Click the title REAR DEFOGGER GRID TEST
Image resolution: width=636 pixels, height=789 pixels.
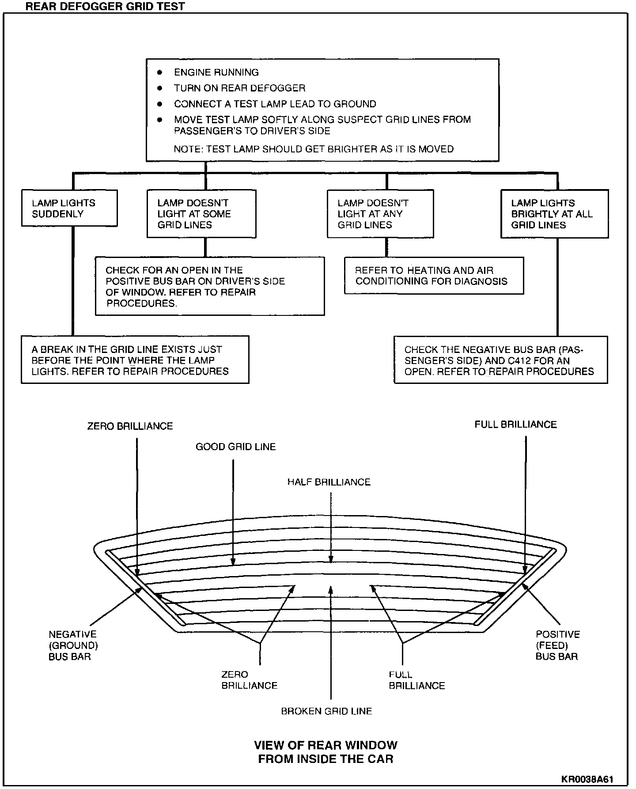coord(105,6)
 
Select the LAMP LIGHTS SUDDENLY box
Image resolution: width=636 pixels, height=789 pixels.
coord(69,209)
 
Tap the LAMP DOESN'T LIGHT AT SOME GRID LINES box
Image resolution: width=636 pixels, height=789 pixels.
coord(201,214)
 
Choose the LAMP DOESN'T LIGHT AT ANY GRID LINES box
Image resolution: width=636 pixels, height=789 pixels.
coord(380,214)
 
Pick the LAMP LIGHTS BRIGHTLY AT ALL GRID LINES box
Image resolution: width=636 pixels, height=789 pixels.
coord(554,214)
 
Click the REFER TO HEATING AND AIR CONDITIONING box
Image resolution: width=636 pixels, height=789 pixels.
coord(434,276)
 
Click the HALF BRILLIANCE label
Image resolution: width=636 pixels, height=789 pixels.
coord(329,482)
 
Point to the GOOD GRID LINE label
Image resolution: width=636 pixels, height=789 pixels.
coord(235,447)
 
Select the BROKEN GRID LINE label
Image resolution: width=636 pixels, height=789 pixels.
coord(326,711)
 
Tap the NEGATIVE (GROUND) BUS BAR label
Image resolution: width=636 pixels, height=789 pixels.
coord(73,645)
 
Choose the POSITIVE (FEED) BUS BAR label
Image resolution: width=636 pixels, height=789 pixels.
coord(557,645)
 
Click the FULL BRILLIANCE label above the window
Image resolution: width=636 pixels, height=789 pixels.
coord(515,425)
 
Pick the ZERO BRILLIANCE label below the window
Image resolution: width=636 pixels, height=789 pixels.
coord(249,680)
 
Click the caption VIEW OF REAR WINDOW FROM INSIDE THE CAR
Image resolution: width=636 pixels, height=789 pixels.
coord(326,752)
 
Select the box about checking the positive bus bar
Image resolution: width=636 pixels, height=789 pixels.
coord(210,286)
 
